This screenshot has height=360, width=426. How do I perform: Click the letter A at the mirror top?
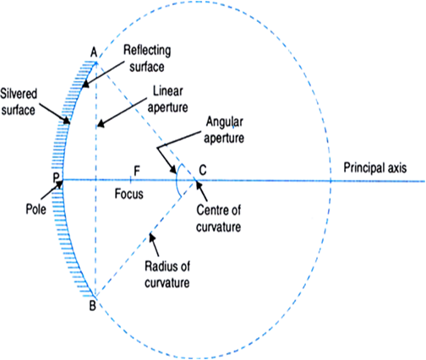94,52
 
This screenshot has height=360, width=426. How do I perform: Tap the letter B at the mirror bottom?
92,305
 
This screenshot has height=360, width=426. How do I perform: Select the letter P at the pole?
56,177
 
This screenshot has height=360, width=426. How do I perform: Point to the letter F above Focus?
137,171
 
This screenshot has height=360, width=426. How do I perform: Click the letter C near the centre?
203,170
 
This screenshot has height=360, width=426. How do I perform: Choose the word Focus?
128,194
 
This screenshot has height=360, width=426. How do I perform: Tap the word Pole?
35,209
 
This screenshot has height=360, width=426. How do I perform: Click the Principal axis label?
375,168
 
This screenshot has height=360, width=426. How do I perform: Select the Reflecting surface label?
147,58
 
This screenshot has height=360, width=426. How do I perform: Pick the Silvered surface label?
19,101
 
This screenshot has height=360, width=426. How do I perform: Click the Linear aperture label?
168,100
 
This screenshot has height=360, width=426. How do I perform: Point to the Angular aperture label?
224,130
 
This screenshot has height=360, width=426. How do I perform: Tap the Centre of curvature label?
219,218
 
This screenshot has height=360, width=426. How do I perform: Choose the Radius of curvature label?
167,275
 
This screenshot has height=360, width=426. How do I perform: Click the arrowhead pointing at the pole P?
60,183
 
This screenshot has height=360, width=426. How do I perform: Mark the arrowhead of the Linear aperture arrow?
101,124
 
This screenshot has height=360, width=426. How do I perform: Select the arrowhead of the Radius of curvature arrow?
152,237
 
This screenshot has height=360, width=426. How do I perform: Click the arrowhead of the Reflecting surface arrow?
85,84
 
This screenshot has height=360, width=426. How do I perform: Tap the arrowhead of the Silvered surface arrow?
67,121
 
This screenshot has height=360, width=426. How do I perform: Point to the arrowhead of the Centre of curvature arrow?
198,185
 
